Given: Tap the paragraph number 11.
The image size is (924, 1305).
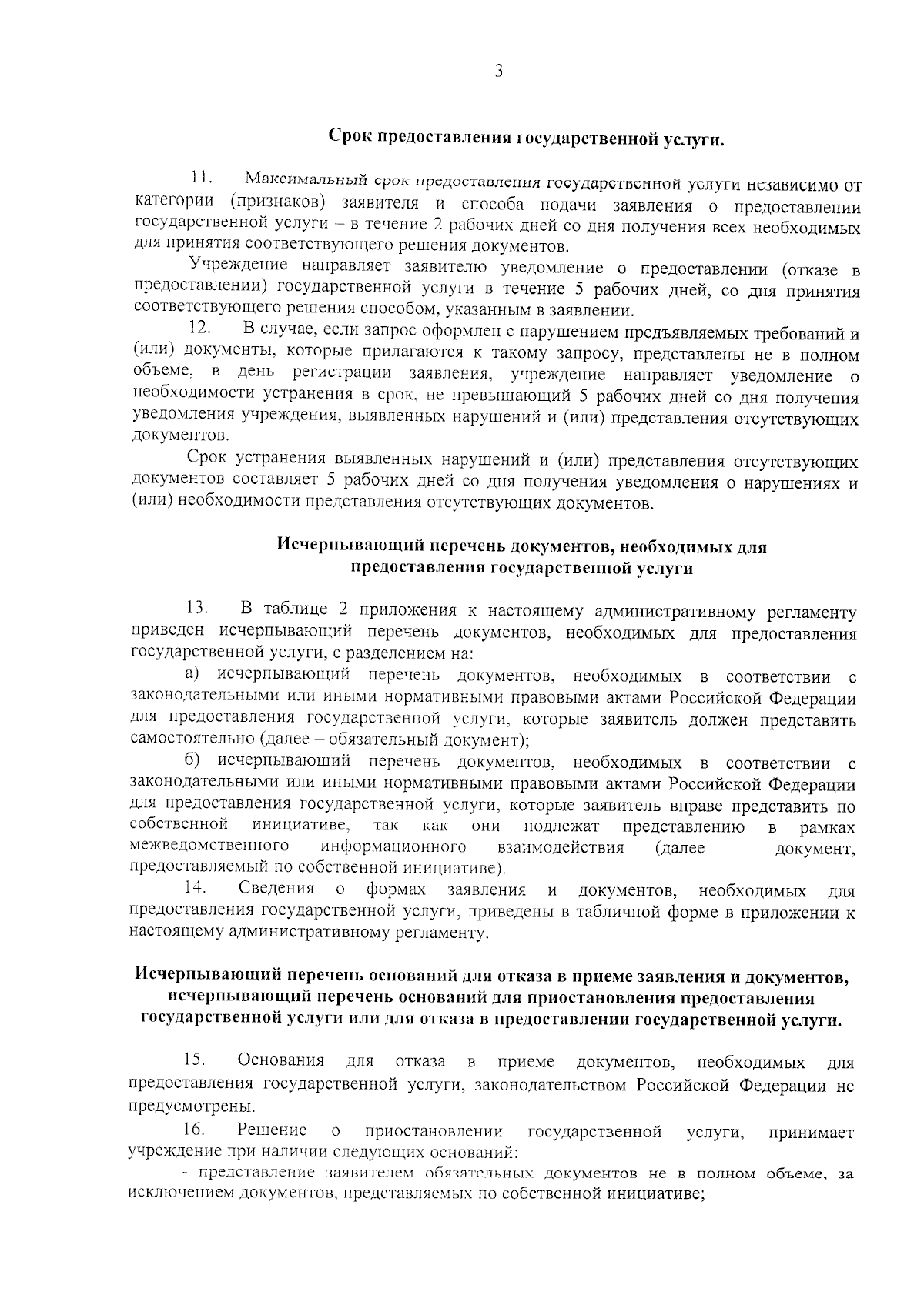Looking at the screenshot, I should (202, 178).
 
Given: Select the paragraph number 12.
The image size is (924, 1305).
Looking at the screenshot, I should (200, 328).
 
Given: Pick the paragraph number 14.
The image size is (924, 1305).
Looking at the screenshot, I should (195, 886).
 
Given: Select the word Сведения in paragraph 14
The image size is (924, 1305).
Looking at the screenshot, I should (276, 889).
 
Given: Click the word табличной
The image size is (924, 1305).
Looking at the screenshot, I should (619, 912).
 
